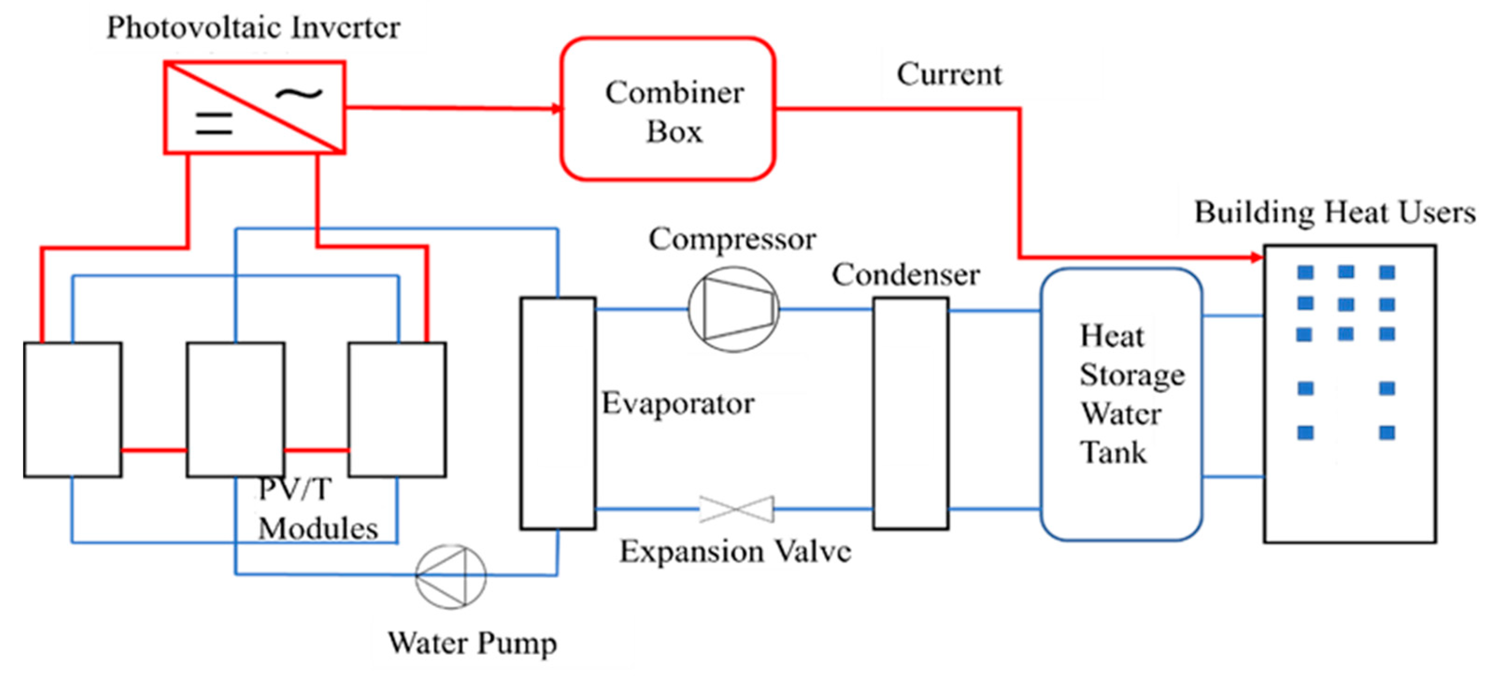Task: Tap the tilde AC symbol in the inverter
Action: point(299,93)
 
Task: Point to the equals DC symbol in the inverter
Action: point(214,124)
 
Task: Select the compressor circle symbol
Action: point(734,309)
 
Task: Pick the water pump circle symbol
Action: point(450,576)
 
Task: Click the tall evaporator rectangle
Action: point(557,413)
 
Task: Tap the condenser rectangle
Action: point(910,413)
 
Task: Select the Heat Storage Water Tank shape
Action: point(1121,404)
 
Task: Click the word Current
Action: point(949,75)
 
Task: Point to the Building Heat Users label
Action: point(1335,212)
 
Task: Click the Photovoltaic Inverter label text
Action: point(253,27)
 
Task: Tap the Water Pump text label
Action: point(472,642)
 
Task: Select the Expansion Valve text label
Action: point(735,551)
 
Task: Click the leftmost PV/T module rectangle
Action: point(73,410)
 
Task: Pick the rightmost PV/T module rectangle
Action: point(397,410)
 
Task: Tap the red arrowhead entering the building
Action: point(1257,257)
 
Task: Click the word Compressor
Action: point(732,239)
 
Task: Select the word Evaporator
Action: point(678,403)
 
